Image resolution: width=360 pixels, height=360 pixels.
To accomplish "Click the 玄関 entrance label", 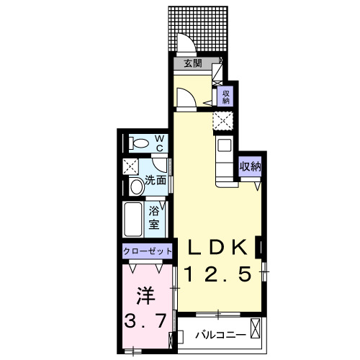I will tap(192, 63).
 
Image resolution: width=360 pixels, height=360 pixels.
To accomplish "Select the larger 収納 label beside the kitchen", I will tap(250, 166).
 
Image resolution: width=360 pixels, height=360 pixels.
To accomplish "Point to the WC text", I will tap(159, 143).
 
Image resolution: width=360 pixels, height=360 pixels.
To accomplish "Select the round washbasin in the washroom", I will tap(137, 187).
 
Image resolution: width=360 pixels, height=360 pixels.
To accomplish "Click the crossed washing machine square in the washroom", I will tap(131, 166).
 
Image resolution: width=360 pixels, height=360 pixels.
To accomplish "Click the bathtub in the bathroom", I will tap(133, 220).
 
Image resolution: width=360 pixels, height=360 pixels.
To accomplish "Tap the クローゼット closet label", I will tap(148, 251).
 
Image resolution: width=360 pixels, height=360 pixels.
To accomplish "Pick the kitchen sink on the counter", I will tap(222, 148).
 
